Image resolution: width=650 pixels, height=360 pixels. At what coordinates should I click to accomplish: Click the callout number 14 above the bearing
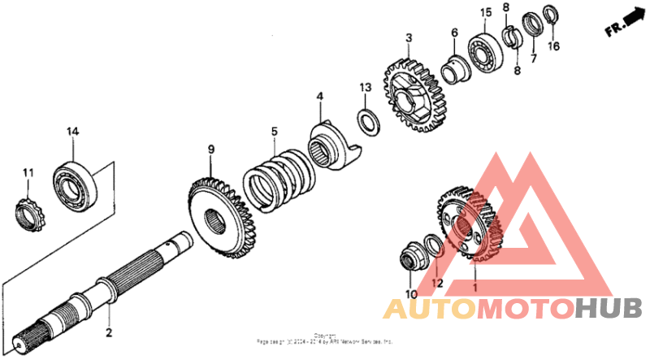(x=72, y=132)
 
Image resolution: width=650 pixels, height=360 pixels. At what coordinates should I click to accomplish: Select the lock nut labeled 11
(x=29, y=213)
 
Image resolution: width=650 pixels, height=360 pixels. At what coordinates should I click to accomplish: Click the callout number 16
(x=553, y=47)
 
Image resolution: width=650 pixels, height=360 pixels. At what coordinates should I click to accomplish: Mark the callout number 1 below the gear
(x=475, y=286)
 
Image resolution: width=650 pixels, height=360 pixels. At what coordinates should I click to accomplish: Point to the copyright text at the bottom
(x=325, y=340)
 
